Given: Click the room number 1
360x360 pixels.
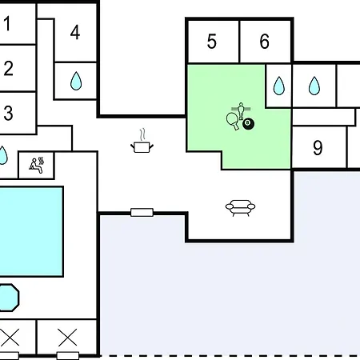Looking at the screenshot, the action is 7,24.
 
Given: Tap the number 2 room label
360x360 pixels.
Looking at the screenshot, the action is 8,68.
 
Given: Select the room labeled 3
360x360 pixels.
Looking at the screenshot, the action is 8,113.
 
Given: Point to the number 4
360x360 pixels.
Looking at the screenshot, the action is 75,33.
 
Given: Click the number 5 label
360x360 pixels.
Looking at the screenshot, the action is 212,42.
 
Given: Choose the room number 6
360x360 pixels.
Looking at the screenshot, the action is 265,42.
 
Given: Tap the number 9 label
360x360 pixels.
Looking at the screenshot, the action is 318,148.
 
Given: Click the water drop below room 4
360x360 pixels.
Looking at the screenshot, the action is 76,81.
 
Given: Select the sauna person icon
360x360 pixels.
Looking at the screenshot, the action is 37,166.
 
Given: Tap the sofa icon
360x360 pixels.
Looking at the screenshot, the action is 240,208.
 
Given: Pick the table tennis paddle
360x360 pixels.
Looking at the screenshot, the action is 233,121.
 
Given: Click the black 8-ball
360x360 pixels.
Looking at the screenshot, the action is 248,124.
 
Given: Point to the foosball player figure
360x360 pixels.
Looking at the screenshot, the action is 241,111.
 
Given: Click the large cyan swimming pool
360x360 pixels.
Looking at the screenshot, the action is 31,231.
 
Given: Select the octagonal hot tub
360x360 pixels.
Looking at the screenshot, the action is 9,298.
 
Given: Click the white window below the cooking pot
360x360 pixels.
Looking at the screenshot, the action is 142,213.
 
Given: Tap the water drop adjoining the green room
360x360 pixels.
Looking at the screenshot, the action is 279,86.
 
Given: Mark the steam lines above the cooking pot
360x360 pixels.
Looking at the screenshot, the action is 142,134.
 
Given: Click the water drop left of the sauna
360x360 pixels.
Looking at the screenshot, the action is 2,155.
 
